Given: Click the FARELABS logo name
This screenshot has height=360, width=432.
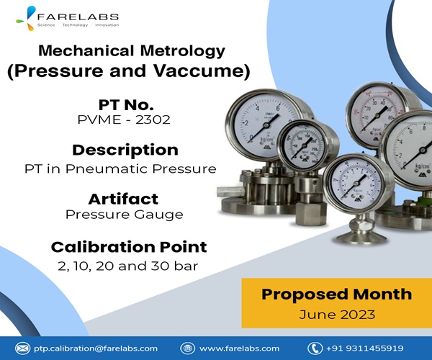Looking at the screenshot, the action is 78,17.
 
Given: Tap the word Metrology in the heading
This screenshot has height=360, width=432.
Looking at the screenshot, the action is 183,51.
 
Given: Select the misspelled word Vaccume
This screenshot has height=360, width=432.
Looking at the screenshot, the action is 202,71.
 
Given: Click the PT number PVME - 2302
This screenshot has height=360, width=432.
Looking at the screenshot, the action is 124,120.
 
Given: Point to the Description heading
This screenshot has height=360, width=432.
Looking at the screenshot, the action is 125,150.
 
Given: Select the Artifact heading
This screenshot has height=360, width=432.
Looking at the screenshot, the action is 123,199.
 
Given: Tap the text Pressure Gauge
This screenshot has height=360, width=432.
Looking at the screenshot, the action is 125,215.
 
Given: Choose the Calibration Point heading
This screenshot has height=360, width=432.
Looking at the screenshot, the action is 129,247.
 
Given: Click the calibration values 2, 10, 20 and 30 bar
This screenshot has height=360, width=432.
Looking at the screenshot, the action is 128,266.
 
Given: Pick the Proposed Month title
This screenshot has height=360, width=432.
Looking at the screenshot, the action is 337,294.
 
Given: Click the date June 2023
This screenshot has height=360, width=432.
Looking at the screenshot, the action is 337,315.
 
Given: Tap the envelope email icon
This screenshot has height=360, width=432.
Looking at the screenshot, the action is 22,348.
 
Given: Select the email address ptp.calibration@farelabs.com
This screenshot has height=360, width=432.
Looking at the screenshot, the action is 96,348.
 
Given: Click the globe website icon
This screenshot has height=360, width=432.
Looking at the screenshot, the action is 188,348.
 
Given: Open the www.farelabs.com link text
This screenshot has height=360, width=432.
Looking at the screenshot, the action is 239,348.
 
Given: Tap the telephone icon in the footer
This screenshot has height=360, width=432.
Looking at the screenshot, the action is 315,348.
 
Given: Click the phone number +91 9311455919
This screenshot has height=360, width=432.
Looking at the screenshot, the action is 364,348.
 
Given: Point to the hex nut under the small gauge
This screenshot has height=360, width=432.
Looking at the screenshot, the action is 310,213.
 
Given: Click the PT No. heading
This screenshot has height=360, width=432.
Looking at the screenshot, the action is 126,105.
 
